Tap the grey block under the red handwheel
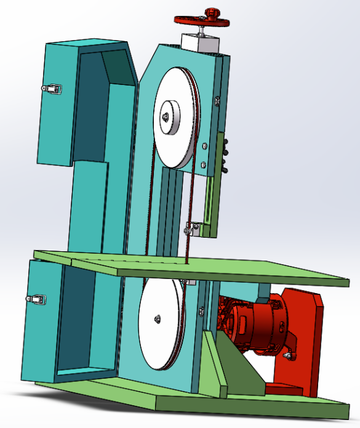click(x=200, y=44)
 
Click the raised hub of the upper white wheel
click(x=167, y=116)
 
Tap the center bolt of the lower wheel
click(x=158, y=318)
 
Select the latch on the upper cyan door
click(x=53, y=89)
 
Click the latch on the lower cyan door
click(x=37, y=299)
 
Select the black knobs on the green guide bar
click(x=227, y=154)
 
